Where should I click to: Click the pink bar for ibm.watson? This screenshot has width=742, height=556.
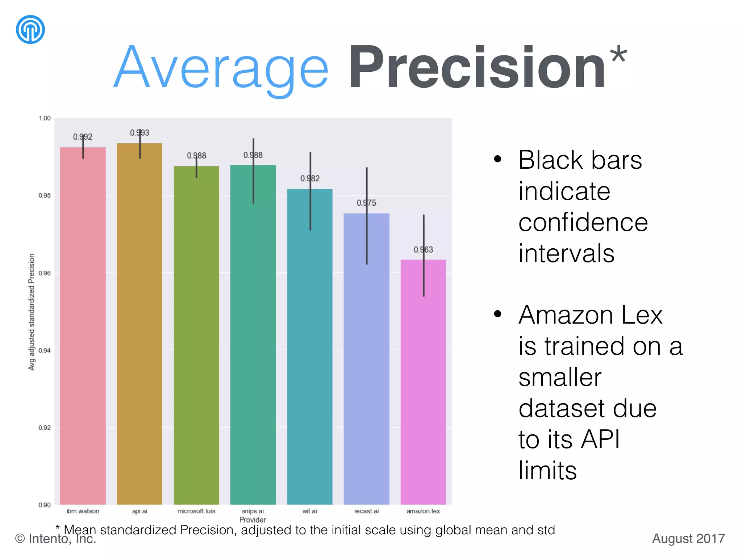[x=83, y=326]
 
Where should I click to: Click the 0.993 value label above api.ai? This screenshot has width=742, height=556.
[x=139, y=133]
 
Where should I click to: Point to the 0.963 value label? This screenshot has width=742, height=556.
[x=423, y=250]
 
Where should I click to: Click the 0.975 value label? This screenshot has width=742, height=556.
[x=366, y=203]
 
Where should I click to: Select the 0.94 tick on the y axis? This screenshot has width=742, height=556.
[x=45, y=350]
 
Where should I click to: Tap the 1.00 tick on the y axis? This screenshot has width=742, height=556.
[x=45, y=118]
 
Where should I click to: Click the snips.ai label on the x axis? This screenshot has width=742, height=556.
[x=253, y=511]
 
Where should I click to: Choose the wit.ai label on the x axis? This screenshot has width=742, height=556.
[x=310, y=511]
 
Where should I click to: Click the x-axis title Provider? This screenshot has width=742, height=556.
[x=253, y=520]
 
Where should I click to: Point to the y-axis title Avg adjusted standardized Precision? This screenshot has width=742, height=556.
[x=32, y=312]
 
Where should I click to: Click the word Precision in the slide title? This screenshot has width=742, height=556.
[x=477, y=68]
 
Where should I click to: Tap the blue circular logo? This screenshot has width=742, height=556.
[x=30, y=30]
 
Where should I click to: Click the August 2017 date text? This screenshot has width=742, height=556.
[x=688, y=539]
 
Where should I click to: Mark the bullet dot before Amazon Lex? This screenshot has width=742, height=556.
[x=498, y=313]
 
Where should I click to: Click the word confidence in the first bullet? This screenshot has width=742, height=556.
[x=583, y=222]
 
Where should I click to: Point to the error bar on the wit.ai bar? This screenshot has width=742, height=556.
[x=310, y=191]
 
